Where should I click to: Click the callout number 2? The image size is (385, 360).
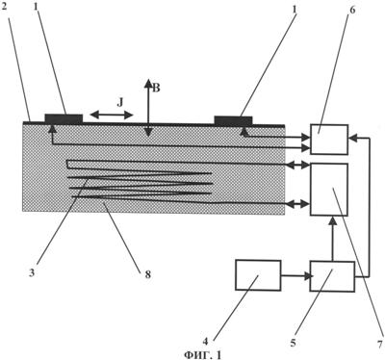click(4, 8)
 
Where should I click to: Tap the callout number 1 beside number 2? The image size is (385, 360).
click(37, 7)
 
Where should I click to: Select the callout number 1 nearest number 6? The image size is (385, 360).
click(295, 8)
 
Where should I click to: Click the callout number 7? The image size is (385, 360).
click(380, 345)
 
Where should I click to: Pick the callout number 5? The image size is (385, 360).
click(293, 343)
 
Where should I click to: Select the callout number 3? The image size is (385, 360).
click(32, 274)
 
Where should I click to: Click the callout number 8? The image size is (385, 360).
click(147, 274)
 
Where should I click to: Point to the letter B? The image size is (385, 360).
click(156, 88)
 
